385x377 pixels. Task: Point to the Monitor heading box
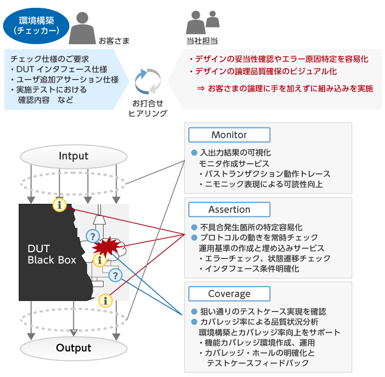[229, 135]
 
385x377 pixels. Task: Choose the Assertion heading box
[229, 210]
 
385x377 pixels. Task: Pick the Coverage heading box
[229, 294]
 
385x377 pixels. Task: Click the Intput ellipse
[73, 155]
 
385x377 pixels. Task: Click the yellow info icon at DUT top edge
[60, 205]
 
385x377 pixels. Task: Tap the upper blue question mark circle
[93, 236]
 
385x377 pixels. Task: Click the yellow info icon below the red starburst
[98, 259]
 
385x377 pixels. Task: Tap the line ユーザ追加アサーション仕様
[65, 80]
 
